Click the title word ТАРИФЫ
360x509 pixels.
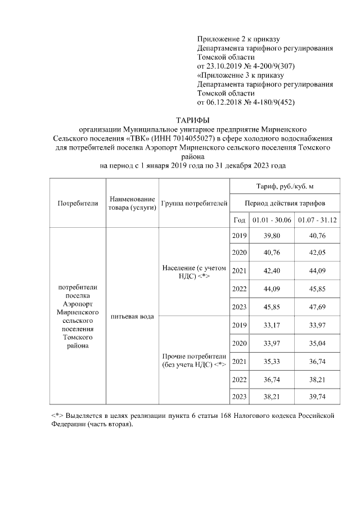pyautogui.click(x=193, y=120)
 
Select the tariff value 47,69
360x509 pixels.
pyautogui.click(x=317, y=307)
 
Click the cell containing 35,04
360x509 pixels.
pyautogui.click(x=317, y=343)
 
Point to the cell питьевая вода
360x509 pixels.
pyautogui.click(x=132, y=316)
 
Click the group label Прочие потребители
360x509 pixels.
pyautogui.click(x=193, y=356)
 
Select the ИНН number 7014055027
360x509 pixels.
pyautogui.click(x=188, y=138)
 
